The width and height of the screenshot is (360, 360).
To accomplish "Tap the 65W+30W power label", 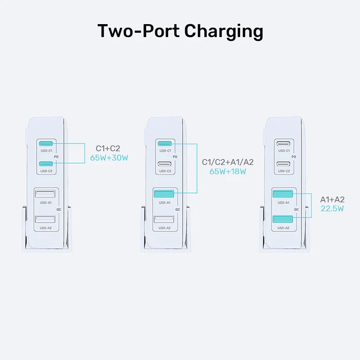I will (x=109, y=158).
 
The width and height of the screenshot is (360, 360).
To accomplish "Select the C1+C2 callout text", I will (x=108, y=148).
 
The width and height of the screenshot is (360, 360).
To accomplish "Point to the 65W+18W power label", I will (x=228, y=171).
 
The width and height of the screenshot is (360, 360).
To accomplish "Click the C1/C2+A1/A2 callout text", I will (x=228, y=161).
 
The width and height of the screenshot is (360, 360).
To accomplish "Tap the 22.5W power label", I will (x=332, y=208).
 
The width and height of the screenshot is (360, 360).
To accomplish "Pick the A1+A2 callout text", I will (x=332, y=199).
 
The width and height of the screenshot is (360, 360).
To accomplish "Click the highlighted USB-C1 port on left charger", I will (x=46, y=144).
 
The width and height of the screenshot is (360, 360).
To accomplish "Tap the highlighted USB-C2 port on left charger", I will (x=46, y=164).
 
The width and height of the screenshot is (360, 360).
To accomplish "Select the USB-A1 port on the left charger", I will (x=45, y=194).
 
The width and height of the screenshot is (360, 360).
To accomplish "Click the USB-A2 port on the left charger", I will (x=45, y=220).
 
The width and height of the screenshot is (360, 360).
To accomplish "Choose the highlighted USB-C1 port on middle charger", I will (x=165, y=144).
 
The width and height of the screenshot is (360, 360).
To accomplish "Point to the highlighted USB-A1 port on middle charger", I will (x=165, y=194).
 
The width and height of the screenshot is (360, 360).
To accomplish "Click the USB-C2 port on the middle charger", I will (x=165, y=164).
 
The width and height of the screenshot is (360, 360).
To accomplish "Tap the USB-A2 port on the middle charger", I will (x=165, y=220).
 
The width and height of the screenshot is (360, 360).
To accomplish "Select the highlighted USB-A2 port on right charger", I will (x=283, y=220).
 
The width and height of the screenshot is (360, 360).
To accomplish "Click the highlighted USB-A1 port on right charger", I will (x=283, y=194).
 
